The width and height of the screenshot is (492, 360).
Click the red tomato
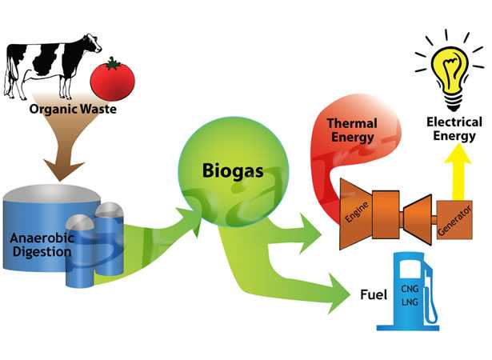(112, 78)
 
